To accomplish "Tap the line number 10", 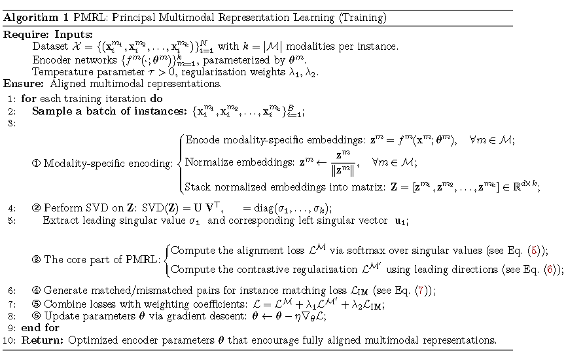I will coord(9,340).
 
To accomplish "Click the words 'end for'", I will coord(41,327).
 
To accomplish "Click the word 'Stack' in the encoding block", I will coord(197,187).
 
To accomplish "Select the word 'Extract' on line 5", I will coord(60,221).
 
